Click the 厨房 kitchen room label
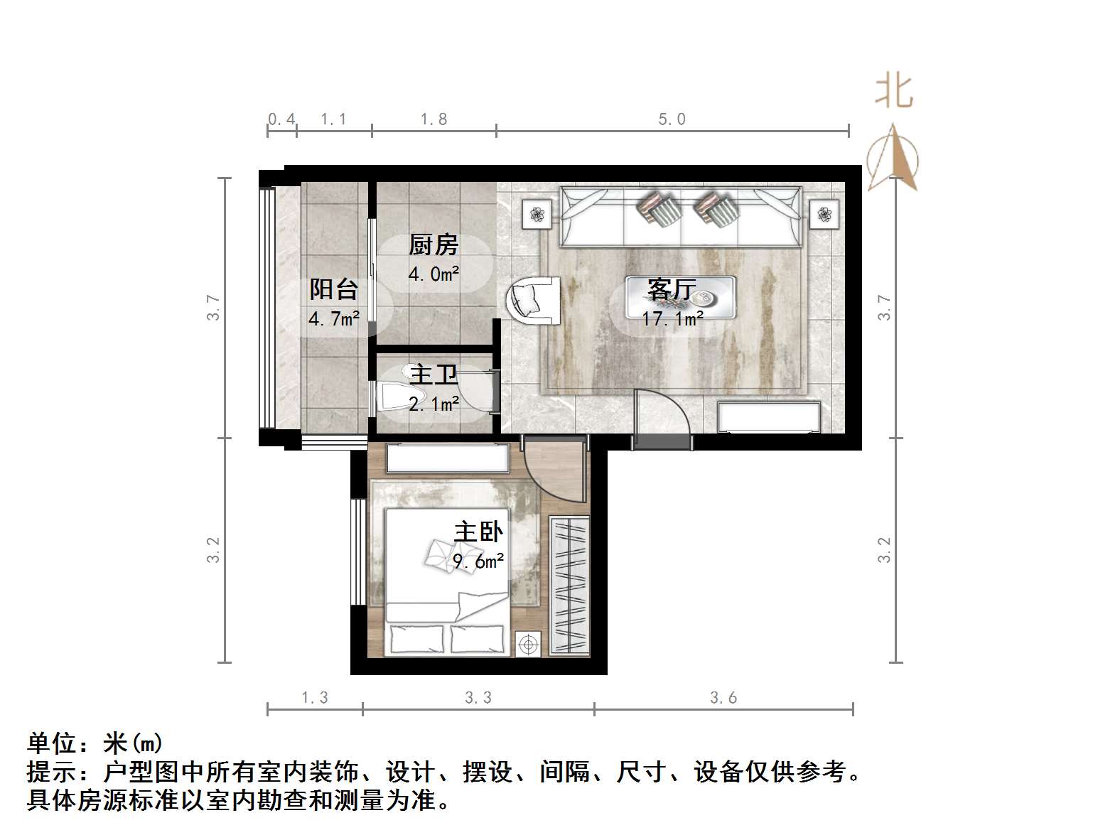click(x=433, y=245)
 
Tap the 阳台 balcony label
click(x=333, y=289)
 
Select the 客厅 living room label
click(x=671, y=289)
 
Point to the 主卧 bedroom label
click(x=478, y=532)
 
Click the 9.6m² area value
click(x=478, y=561)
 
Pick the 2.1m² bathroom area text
click(x=434, y=404)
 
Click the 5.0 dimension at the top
click(x=672, y=119)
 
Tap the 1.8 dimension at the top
click(x=434, y=119)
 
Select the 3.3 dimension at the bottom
click(x=478, y=698)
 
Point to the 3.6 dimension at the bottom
click(x=723, y=698)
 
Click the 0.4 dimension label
click(x=281, y=119)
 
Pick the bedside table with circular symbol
click(x=528, y=644)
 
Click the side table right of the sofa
click(x=824, y=214)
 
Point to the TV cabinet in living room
click(x=769, y=416)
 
